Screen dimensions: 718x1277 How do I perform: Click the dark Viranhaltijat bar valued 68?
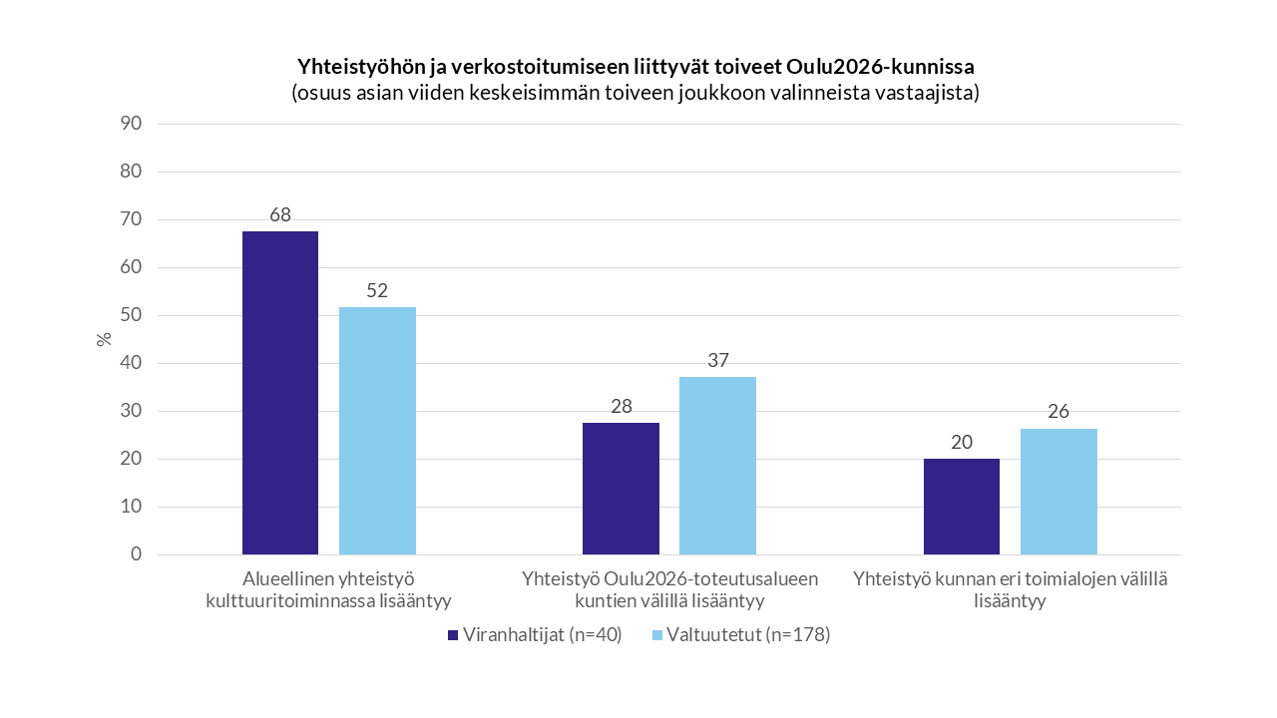pyautogui.click(x=280, y=393)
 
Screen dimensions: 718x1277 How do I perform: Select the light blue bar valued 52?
pyautogui.click(x=377, y=431)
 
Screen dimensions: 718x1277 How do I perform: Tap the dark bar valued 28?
pyautogui.click(x=621, y=489)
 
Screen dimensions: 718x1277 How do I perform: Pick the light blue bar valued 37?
pyautogui.click(x=717, y=466)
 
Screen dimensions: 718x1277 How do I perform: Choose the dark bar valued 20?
pyautogui.click(x=962, y=507)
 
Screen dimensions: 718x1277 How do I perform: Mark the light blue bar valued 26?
pyautogui.click(x=1059, y=492)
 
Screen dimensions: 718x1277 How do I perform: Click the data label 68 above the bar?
pyautogui.click(x=280, y=214)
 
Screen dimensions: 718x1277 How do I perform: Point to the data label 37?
pyautogui.click(x=717, y=360)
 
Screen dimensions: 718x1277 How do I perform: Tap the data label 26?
pyautogui.click(x=1059, y=412)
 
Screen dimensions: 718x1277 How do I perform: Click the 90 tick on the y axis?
pyautogui.click(x=133, y=124)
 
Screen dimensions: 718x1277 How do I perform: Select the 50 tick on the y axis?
pyautogui.click(x=133, y=315)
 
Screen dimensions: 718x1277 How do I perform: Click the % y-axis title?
pyautogui.click(x=104, y=338)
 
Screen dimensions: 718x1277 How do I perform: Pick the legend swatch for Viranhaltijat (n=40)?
pyautogui.click(x=453, y=635)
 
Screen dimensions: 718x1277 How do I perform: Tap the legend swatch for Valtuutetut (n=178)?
pyautogui.click(x=656, y=635)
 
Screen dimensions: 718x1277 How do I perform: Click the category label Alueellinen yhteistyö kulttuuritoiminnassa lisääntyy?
pyautogui.click(x=328, y=589)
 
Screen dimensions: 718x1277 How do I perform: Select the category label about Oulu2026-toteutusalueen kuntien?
pyautogui.click(x=669, y=589)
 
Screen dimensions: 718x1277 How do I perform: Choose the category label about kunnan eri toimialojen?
pyautogui.click(x=1010, y=589)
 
